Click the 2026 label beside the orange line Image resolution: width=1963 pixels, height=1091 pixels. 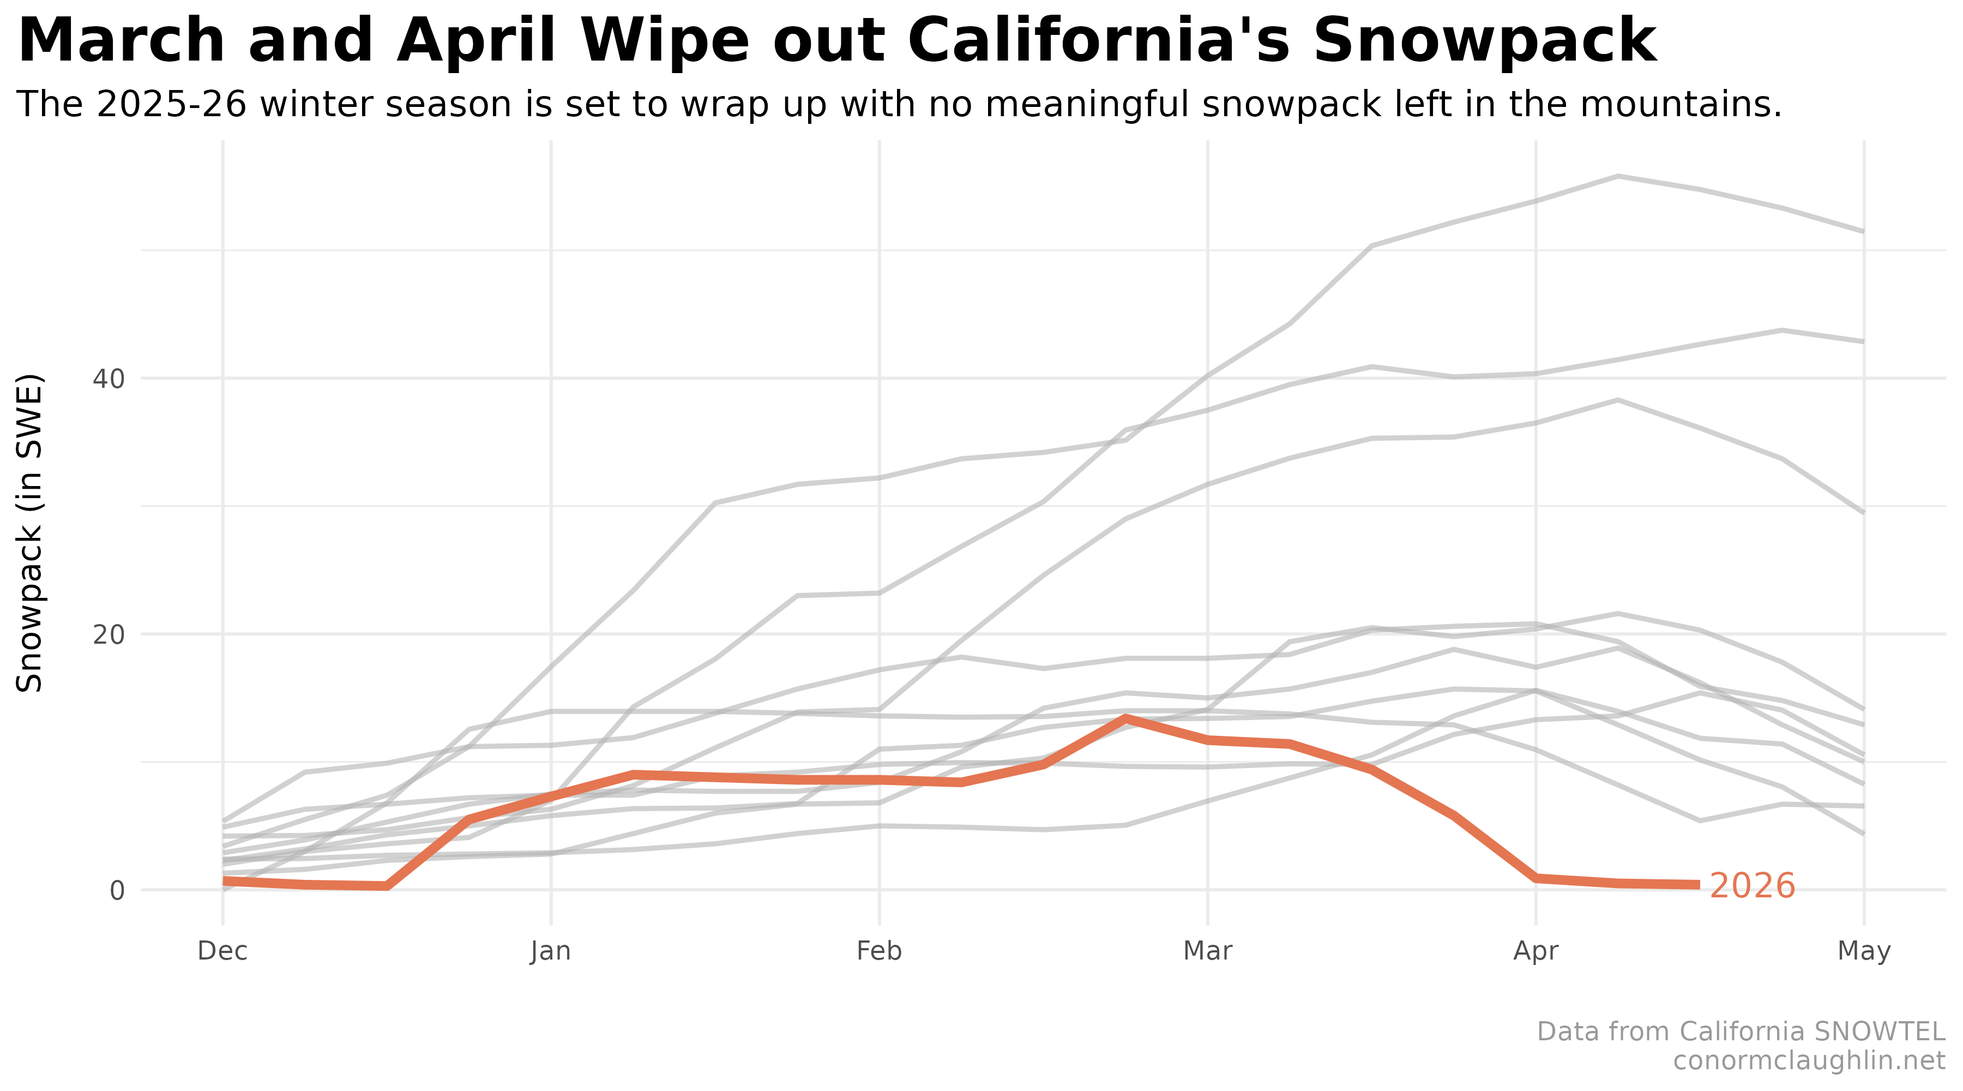[x=1752, y=886]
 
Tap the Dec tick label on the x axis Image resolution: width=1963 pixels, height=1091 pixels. [x=222, y=951]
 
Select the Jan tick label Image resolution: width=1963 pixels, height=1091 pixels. [x=550, y=951]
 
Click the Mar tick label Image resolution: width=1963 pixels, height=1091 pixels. [x=1207, y=951]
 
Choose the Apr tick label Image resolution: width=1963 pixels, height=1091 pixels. [x=1536, y=951]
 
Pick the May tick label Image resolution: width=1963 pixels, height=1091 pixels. [x=1864, y=951]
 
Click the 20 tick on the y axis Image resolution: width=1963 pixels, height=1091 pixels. [x=108, y=634]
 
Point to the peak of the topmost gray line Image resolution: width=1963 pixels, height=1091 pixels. [x=1618, y=176]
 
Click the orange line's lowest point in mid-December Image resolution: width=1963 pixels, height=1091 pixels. [x=387, y=886]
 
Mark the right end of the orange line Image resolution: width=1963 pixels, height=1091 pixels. [x=1699, y=884]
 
